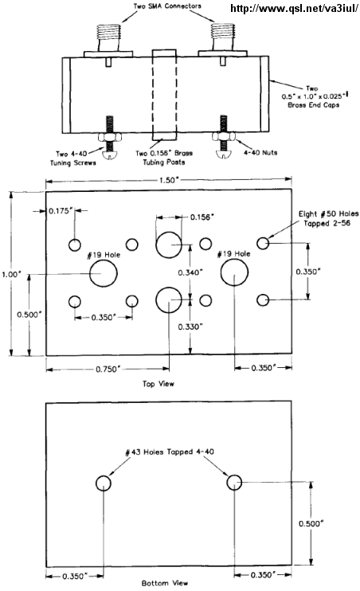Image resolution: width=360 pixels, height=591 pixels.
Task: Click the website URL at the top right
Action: click(x=294, y=8)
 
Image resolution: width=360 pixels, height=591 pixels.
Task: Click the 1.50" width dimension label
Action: click(x=168, y=180)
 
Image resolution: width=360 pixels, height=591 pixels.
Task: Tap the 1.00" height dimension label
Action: click(x=10, y=274)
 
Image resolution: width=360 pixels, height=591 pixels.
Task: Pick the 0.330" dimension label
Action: click(x=190, y=327)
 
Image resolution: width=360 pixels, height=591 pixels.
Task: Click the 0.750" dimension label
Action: click(x=108, y=369)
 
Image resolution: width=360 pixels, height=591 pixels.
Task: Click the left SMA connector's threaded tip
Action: click(x=109, y=33)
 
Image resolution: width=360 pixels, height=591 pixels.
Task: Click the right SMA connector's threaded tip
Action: click(x=222, y=33)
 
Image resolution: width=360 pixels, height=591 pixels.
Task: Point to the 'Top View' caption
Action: click(x=158, y=384)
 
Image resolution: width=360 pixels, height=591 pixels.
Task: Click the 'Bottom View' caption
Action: click(x=165, y=583)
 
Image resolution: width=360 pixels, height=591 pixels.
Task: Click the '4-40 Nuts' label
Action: click(x=260, y=153)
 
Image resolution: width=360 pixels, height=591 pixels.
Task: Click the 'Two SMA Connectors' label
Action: click(x=167, y=6)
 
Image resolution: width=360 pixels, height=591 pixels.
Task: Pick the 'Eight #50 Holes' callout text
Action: click(x=328, y=213)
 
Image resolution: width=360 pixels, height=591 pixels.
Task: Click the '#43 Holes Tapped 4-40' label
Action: click(x=170, y=452)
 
